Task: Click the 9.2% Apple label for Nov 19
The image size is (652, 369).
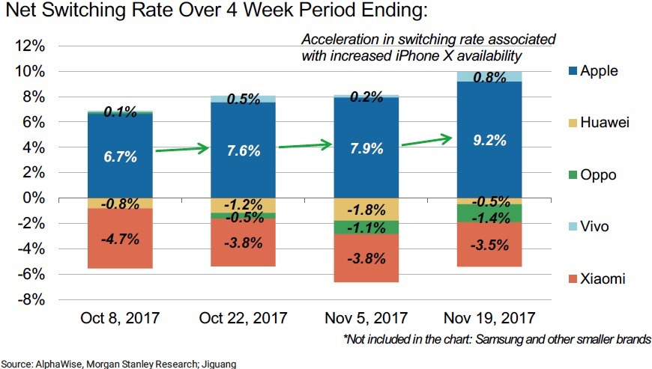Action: [489, 139]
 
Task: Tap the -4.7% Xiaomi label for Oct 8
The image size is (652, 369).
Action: [120, 240]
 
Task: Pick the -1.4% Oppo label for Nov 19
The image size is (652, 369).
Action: [489, 218]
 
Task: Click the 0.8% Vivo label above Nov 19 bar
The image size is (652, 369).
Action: [489, 76]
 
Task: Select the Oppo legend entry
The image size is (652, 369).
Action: [597, 175]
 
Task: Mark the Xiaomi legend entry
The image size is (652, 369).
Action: [601, 279]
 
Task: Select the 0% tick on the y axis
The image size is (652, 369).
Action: [31, 198]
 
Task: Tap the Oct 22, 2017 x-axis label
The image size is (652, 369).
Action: [243, 319]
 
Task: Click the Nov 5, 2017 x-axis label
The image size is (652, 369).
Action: [366, 319]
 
